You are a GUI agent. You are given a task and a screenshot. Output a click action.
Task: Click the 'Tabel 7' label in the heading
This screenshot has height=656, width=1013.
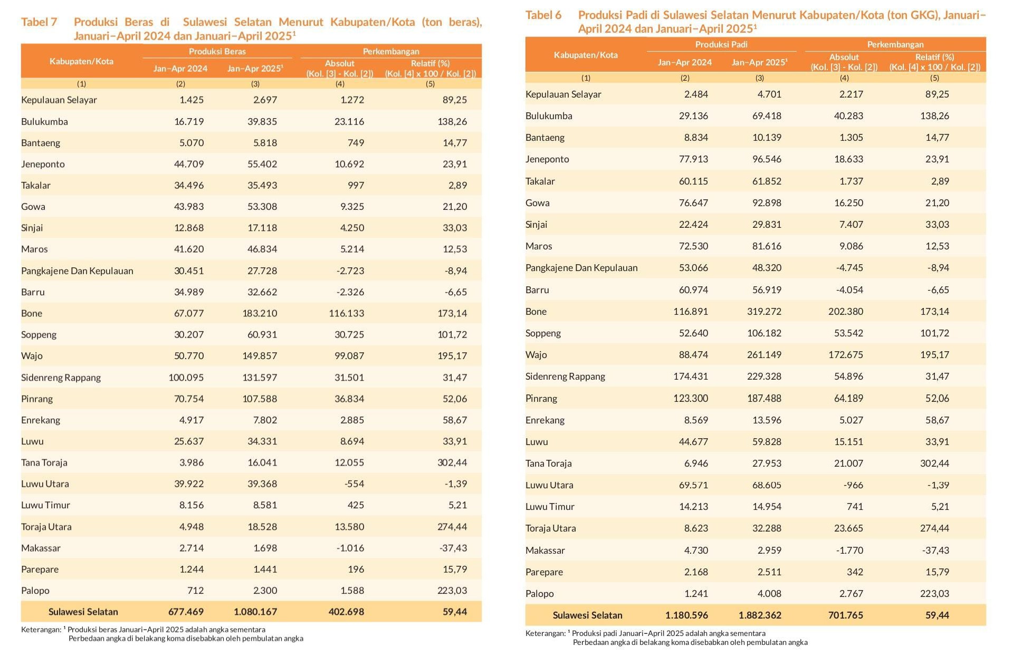coord(39,22)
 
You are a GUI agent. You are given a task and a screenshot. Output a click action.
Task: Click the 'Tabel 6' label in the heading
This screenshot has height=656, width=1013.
coord(543,15)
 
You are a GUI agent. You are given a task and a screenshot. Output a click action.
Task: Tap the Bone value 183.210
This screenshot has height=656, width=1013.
coord(260,313)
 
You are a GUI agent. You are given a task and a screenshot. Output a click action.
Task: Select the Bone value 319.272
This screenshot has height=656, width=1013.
coord(764,312)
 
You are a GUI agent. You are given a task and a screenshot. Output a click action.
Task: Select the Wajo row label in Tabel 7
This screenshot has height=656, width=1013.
coord(32,356)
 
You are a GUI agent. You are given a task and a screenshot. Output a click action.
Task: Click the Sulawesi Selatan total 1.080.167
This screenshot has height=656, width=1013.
coord(255,612)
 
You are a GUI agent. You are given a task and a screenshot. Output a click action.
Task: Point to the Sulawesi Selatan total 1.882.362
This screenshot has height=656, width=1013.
coord(760,615)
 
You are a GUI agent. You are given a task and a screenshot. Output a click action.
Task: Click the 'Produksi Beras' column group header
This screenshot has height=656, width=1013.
coord(217,51)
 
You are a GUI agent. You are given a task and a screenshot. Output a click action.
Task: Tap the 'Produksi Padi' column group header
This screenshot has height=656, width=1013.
coord(721,45)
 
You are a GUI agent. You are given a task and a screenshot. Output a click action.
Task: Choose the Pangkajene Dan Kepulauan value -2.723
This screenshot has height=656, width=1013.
coord(350,271)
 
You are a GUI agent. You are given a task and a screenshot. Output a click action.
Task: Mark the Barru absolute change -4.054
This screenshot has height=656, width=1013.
coord(849,290)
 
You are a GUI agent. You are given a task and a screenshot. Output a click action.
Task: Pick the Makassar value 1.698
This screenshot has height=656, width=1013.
coord(265,548)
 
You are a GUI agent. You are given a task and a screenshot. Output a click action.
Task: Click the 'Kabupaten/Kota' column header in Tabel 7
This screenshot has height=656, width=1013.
coord(81,61)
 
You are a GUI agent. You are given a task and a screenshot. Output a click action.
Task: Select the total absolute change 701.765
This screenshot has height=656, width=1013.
coord(846,615)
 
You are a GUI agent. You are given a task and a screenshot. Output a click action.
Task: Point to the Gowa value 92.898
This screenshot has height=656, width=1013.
coord(767,203)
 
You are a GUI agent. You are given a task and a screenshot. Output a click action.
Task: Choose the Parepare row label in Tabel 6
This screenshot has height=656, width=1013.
coord(544,572)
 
